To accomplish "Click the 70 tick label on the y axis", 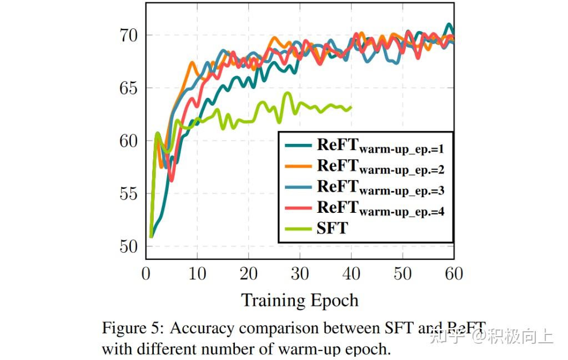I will pos(129,36).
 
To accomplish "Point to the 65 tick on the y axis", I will pos(129,88).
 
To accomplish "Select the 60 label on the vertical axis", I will pos(129,141).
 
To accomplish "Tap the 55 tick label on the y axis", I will pos(129,194).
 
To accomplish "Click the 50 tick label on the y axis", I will pos(129,246).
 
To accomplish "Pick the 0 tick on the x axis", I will pos(146,273).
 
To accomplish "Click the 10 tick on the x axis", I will pos(197,273).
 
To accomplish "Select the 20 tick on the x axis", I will pos(249,273).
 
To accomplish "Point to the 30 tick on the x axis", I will pos(300,273).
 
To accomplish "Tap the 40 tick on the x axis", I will pos(351,273).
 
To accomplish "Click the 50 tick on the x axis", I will pos(403,273).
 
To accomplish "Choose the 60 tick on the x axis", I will pos(454,273).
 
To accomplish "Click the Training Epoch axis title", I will pos(299,301).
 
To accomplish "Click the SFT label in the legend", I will pos(332,228).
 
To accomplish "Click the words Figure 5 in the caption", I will pos(132,328).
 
